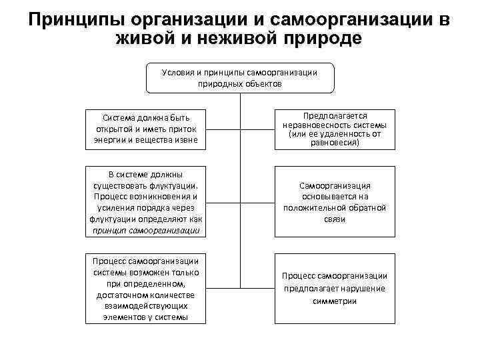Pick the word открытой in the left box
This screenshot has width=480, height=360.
pyautogui.click(x=117, y=129)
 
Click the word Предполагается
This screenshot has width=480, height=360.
pyautogui.click(x=334, y=116)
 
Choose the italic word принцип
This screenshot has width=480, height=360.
pyautogui.click(x=113, y=231)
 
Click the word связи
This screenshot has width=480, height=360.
pyautogui.click(x=334, y=219)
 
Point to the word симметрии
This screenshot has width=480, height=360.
pyautogui.click(x=334, y=300)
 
